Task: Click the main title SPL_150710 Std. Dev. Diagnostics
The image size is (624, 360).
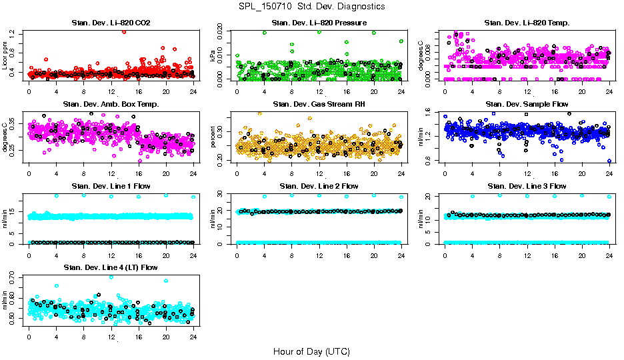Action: tap(311, 6)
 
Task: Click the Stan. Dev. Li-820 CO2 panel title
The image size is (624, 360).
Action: tap(111, 23)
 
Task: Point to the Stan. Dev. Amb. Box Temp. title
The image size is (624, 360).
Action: tap(111, 104)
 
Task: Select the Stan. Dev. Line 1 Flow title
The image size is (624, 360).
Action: tap(111, 185)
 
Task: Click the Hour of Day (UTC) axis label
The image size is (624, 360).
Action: tap(311, 351)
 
